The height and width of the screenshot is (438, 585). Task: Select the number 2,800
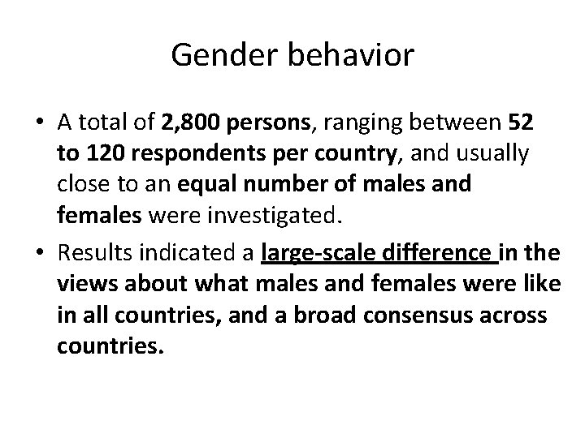coord(192,122)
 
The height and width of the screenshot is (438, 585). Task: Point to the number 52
coord(519,122)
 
